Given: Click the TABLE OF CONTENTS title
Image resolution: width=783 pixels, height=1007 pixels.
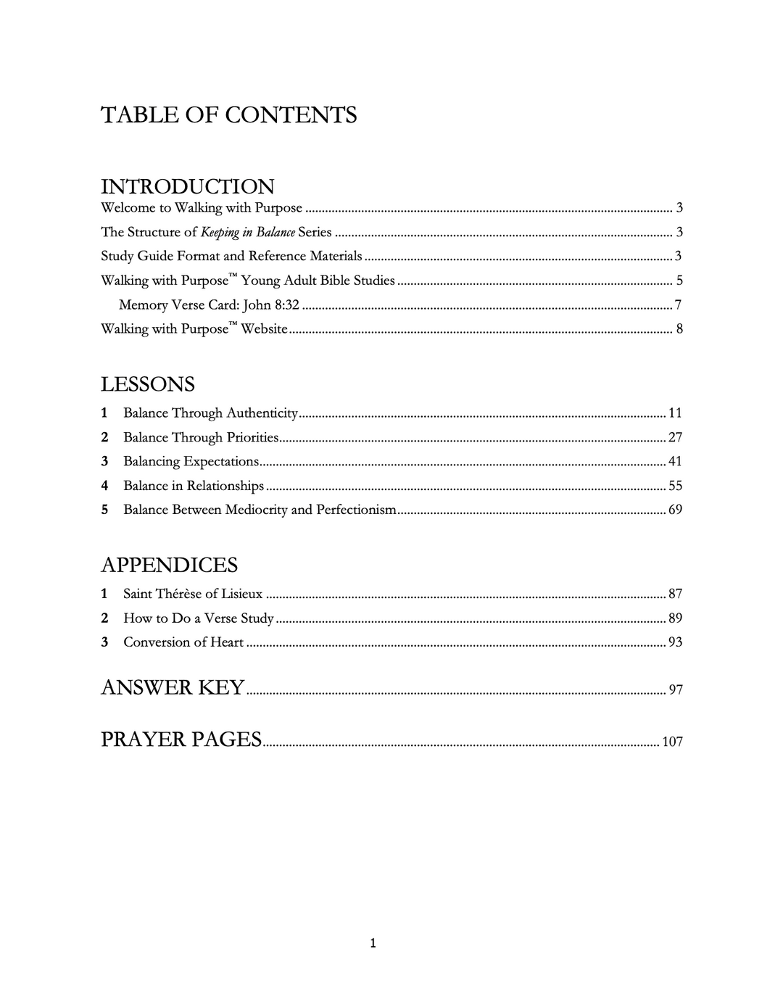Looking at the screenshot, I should click(x=228, y=115).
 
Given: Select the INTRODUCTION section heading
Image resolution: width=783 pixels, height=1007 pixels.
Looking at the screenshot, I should click(x=187, y=186).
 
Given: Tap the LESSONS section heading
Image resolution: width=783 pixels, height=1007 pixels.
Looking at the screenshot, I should click(x=147, y=384).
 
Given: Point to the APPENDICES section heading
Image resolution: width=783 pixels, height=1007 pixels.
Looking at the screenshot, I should click(x=169, y=565).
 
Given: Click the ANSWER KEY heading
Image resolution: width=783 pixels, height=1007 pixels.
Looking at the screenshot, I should click(x=173, y=687).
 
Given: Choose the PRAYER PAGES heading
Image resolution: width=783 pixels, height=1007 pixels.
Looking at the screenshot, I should click(x=181, y=739).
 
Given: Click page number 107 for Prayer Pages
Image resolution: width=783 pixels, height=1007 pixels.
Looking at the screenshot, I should click(x=672, y=742).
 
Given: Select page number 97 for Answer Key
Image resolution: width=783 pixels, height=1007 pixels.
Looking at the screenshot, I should click(x=675, y=689).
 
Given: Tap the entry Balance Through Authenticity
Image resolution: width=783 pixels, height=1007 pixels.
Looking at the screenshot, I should click(x=210, y=413).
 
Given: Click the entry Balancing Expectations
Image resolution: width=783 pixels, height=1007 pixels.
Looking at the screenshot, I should click(x=191, y=462).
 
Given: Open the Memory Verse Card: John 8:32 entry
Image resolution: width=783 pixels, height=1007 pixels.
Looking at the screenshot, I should click(x=209, y=305).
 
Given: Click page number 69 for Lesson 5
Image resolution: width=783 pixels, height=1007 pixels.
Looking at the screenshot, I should click(x=675, y=510).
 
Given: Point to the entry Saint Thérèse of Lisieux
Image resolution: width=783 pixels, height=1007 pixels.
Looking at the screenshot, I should click(x=193, y=594).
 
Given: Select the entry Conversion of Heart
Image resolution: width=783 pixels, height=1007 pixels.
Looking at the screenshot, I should click(x=183, y=642).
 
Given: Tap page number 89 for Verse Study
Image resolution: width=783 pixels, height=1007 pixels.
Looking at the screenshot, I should click(x=675, y=618).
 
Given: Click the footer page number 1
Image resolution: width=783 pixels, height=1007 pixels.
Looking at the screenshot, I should click(x=373, y=943).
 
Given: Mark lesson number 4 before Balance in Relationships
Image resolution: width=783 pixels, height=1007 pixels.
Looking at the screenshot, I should click(x=105, y=486).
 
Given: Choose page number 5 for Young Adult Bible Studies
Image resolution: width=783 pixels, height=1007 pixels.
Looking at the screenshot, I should click(x=679, y=281).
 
